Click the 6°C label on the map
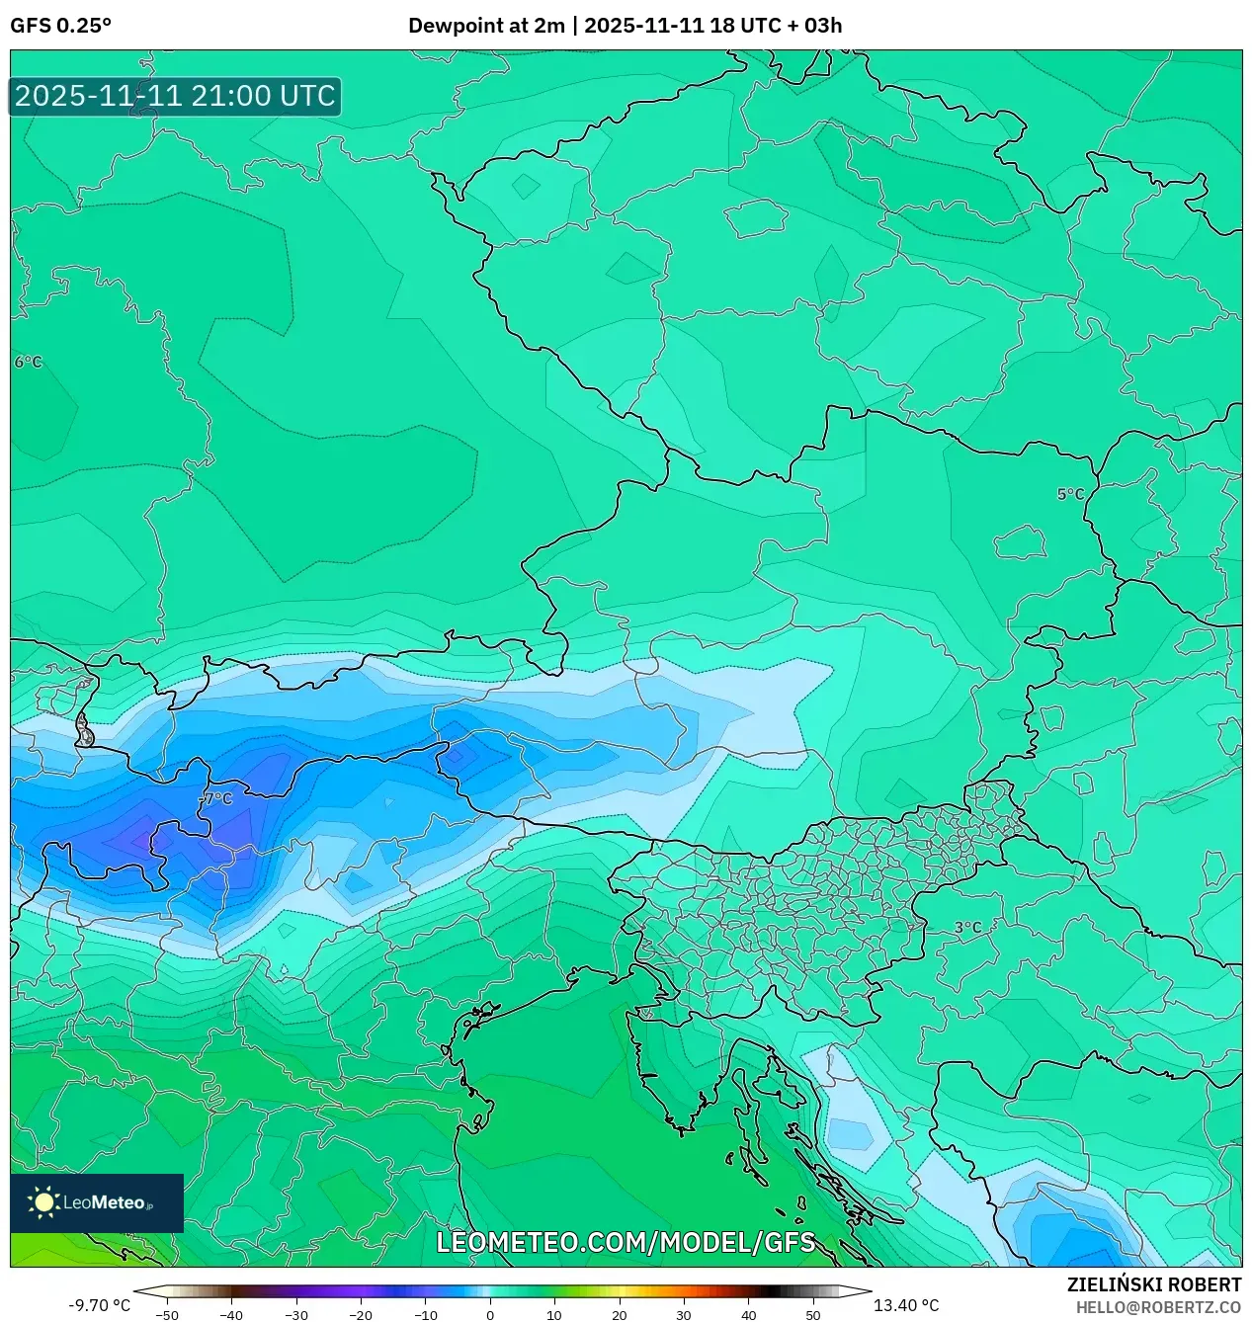pos(28,363)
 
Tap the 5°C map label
pos(1070,494)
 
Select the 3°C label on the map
pos(967,928)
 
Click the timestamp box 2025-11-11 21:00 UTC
pos(175,96)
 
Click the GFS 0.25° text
pos(60,26)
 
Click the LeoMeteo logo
pos(97,1202)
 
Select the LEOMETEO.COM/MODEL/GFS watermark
pos(626,1242)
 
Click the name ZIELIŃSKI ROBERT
pos(1153,1284)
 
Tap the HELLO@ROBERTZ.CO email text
pos(1158,1307)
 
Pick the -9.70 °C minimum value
pos(99,1305)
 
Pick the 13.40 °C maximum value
pos(906,1305)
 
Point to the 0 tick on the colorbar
pos(490,1315)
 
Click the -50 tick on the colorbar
pos(167,1315)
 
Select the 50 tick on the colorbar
pos(812,1315)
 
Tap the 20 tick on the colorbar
pos(619,1315)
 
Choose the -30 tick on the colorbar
pos(296,1315)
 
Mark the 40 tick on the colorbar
pos(748,1315)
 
